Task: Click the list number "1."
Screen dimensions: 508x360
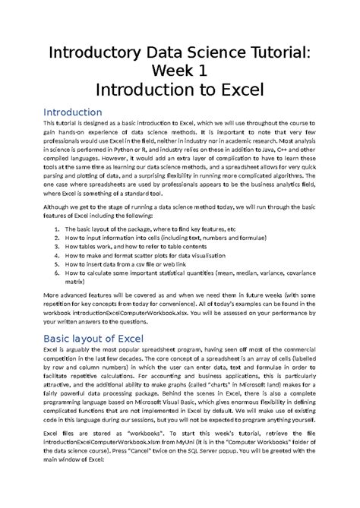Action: click(x=58, y=228)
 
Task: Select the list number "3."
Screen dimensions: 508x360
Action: click(x=58, y=248)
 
